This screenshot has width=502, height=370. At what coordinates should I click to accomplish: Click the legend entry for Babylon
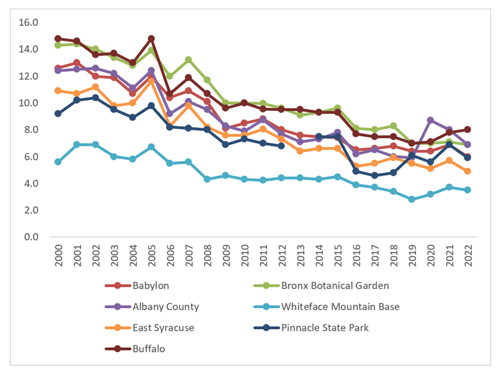(x=150, y=285)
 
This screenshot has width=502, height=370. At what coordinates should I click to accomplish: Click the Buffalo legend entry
(x=148, y=348)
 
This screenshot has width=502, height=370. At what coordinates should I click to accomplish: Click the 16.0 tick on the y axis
(x=28, y=23)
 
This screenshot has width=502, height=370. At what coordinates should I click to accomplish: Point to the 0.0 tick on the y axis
(x=31, y=237)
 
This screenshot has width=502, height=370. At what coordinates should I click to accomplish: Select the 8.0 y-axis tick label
(x=31, y=130)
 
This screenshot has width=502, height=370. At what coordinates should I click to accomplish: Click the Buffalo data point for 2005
(x=151, y=39)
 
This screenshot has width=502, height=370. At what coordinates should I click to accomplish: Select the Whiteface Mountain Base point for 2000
(x=58, y=162)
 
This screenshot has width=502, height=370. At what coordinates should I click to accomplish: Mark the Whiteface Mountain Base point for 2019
(x=411, y=199)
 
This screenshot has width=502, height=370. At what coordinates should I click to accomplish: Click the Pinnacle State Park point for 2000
(x=58, y=113)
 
